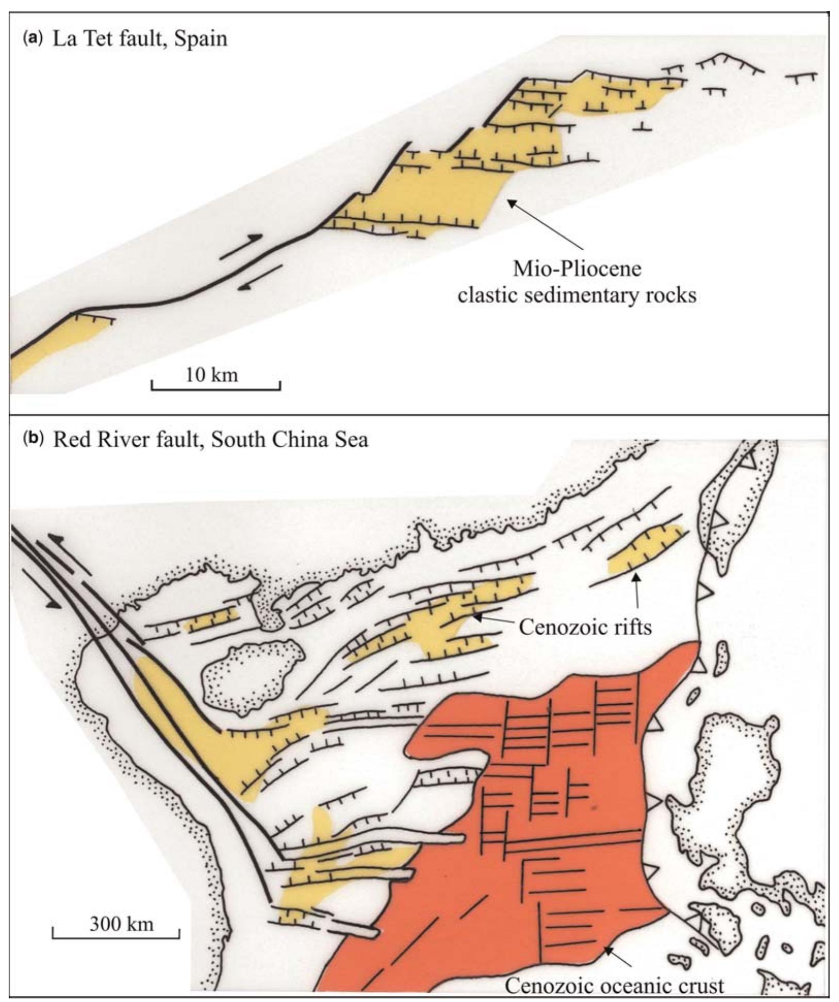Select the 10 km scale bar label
tap(212, 374)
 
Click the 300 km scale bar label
tap(122, 923)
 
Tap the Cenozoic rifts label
tap(585, 627)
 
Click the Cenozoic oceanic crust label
tap(614, 985)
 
